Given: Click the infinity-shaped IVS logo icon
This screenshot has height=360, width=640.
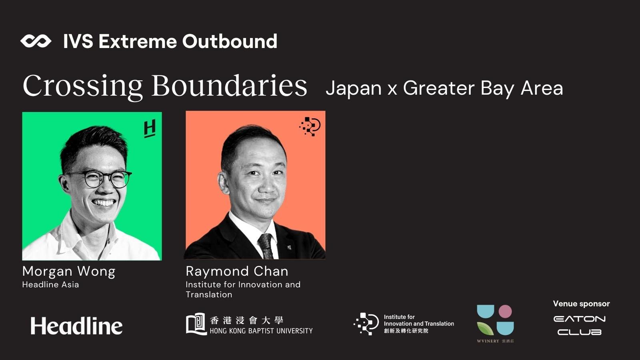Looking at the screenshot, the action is pyautogui.click(x=36, y=41).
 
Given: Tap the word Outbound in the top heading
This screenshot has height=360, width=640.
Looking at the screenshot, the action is pyautogui.click(x=230, y=41).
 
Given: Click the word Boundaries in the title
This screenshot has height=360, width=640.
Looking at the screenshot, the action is pyautogui.click(x=230, y=85).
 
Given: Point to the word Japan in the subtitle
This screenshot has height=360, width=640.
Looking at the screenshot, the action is pyautogui.click(x=354, y=88).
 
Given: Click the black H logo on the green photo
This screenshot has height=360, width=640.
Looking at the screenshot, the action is pyautogui.click(x=150, y=128).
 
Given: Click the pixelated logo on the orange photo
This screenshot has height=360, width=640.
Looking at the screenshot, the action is pyautogui.click(x=310, y=126).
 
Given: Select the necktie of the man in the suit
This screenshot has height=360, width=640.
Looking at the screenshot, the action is pyautogui.click(x=266, y=246).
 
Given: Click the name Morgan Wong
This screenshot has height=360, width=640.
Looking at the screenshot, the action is pyautogui.click(x=69, y=272).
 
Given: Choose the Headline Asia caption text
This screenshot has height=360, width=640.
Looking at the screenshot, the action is pyautogui.click(x=50, y=284).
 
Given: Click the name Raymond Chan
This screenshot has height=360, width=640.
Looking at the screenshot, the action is pyautogui.click(x=237, y=271).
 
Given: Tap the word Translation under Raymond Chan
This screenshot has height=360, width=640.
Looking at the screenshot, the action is pyautogui.click(x=209, y=294).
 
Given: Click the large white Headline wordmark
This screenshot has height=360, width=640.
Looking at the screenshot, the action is pyautogui.click(x=76, y=326).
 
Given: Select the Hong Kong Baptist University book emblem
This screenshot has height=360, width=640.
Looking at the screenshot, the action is pyautogui.click(x=196, y=324).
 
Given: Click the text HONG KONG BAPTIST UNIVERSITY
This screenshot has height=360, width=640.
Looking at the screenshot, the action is pyautogui.click(x=261, y=331).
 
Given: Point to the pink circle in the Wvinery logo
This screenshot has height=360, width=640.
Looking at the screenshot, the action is pyautogui.click(x=505, y=312).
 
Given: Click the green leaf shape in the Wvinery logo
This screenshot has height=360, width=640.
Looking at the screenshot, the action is pyautogui.click(x=485, y=328).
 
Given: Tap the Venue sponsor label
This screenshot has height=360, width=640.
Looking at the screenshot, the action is pyautogui.click(x=582, y=304).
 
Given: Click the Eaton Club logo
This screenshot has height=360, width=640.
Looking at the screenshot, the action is pyautogui.click(x=580, y=326).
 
